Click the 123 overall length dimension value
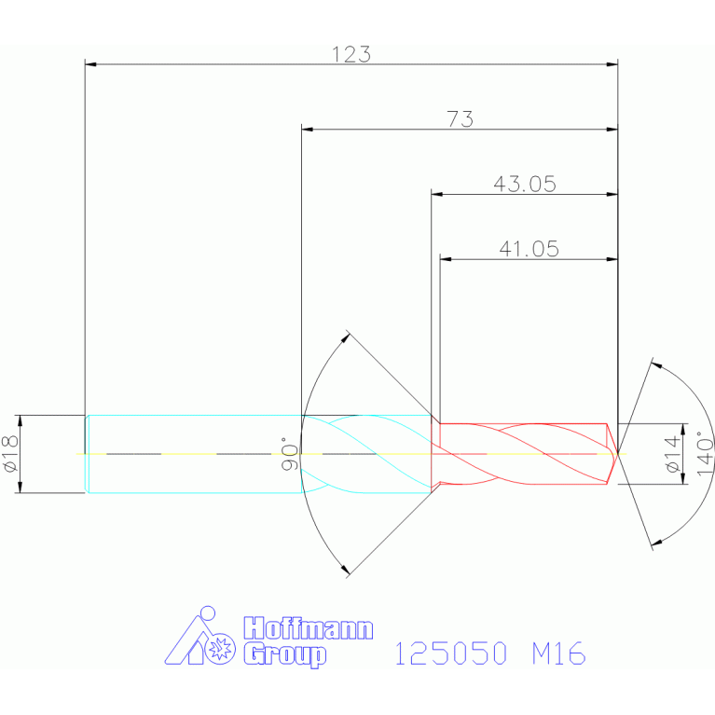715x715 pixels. tap(351, 54)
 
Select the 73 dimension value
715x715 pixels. tap(461, 119)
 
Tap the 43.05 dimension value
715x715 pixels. tap(525, 184)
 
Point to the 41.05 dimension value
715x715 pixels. tap(529, 249)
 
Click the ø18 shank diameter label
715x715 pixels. tap(10, 453)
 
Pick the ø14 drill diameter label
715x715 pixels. tap(673, 454)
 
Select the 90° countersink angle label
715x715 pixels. tap(289, 454)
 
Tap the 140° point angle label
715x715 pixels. tap(705, 453)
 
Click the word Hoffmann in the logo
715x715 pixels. tap(309, 628)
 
